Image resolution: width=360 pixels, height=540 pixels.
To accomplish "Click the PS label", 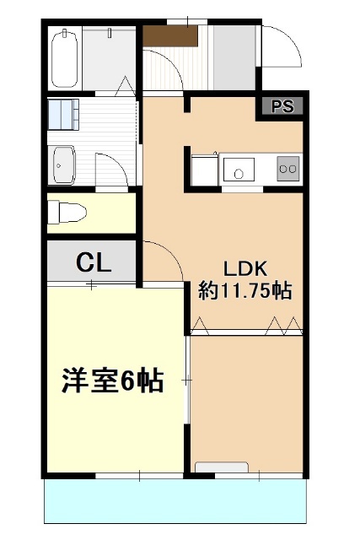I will [x=282, y=107].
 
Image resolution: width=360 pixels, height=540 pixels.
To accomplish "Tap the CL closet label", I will [x=94, y=262].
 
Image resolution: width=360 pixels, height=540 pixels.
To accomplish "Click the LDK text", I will [x=244, y=269].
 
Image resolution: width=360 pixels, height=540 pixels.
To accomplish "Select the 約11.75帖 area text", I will [x=245, y=293].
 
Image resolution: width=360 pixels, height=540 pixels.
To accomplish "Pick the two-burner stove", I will [x=287, y=169].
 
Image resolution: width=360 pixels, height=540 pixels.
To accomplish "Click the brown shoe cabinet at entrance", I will [x=169, y=35].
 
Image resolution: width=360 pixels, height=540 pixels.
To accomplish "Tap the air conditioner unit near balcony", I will [x=221, y=467].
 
